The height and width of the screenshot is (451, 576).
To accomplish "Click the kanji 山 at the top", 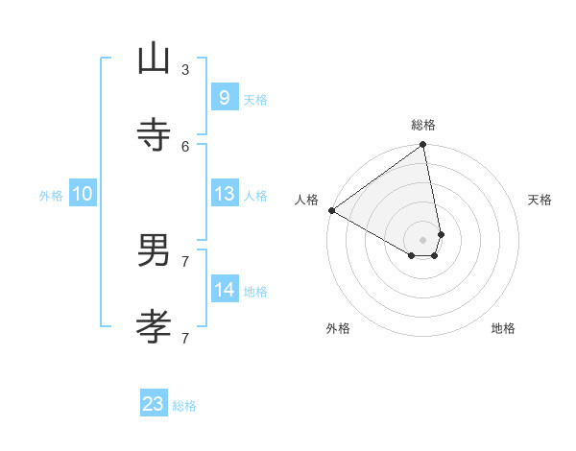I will pyautogui.click(x=154, y=59).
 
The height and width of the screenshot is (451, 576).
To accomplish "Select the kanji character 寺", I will pyautogui.click(x=154, y=135).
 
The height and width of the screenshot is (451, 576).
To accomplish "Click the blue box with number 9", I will pyautogui.click(x=224, y=97).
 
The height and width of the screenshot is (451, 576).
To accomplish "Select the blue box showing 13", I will pyautogui.click(x=224, y=193).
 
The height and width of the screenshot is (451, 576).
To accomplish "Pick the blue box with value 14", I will pyautogui.click(x=224, y=289).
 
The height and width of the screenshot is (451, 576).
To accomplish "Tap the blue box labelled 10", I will pyautogui.click(x=83, y=193).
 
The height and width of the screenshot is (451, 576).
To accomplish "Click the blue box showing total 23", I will pyautogui.click(x=154, y=404).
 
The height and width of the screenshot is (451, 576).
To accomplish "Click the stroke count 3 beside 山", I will pyautogui.click(x=185, y=69).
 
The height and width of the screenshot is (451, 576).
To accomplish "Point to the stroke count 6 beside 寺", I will pyautogui.click(x=185, y=146).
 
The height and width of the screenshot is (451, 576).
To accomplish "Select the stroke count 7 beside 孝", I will pyautogui.click(x=185, y=338).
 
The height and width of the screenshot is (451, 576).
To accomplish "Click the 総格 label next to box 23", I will pyautogui.click(x=185, y=406).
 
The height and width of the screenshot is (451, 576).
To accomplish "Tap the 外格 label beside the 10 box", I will pyautogui.click(x=51, y=196).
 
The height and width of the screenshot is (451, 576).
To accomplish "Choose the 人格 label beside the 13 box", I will pyautogui.click(x=255, y=196).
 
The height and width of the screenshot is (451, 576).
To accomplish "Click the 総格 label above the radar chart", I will pyautogui.click(x=423, y=125).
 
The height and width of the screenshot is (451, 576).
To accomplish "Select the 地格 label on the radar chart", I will pyautogui.click(x=503, y=328).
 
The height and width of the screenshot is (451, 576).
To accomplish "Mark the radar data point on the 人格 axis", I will pyautogui.click(x=331, y=210).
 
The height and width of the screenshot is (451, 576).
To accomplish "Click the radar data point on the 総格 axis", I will pyautogui.click(x=422, y=146).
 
